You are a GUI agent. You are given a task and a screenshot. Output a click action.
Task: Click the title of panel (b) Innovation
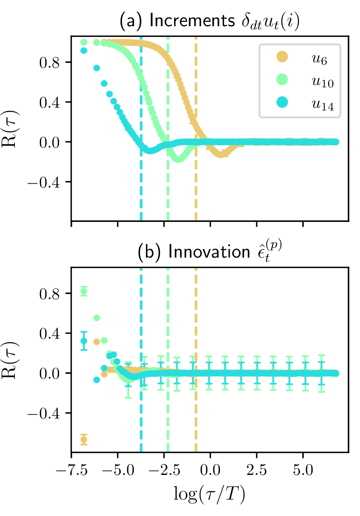pos(210,252)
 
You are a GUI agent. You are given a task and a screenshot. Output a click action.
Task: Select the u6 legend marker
pos(282,57)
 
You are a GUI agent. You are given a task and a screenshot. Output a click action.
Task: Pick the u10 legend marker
pos(282,79)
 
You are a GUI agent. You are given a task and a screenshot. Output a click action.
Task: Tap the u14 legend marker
pos(282,102)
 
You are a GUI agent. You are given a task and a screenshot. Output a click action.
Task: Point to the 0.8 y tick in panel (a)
pos(49,62)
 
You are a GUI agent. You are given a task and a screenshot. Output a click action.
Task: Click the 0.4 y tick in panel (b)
pos(49,333)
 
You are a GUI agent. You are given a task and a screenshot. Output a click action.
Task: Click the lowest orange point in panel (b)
pos(84,440)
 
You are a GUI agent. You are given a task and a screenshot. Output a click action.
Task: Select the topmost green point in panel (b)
pos(84,291)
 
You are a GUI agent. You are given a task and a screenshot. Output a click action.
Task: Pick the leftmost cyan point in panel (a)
pos(84,51)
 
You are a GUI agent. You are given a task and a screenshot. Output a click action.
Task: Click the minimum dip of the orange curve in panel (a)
pos(221,154)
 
